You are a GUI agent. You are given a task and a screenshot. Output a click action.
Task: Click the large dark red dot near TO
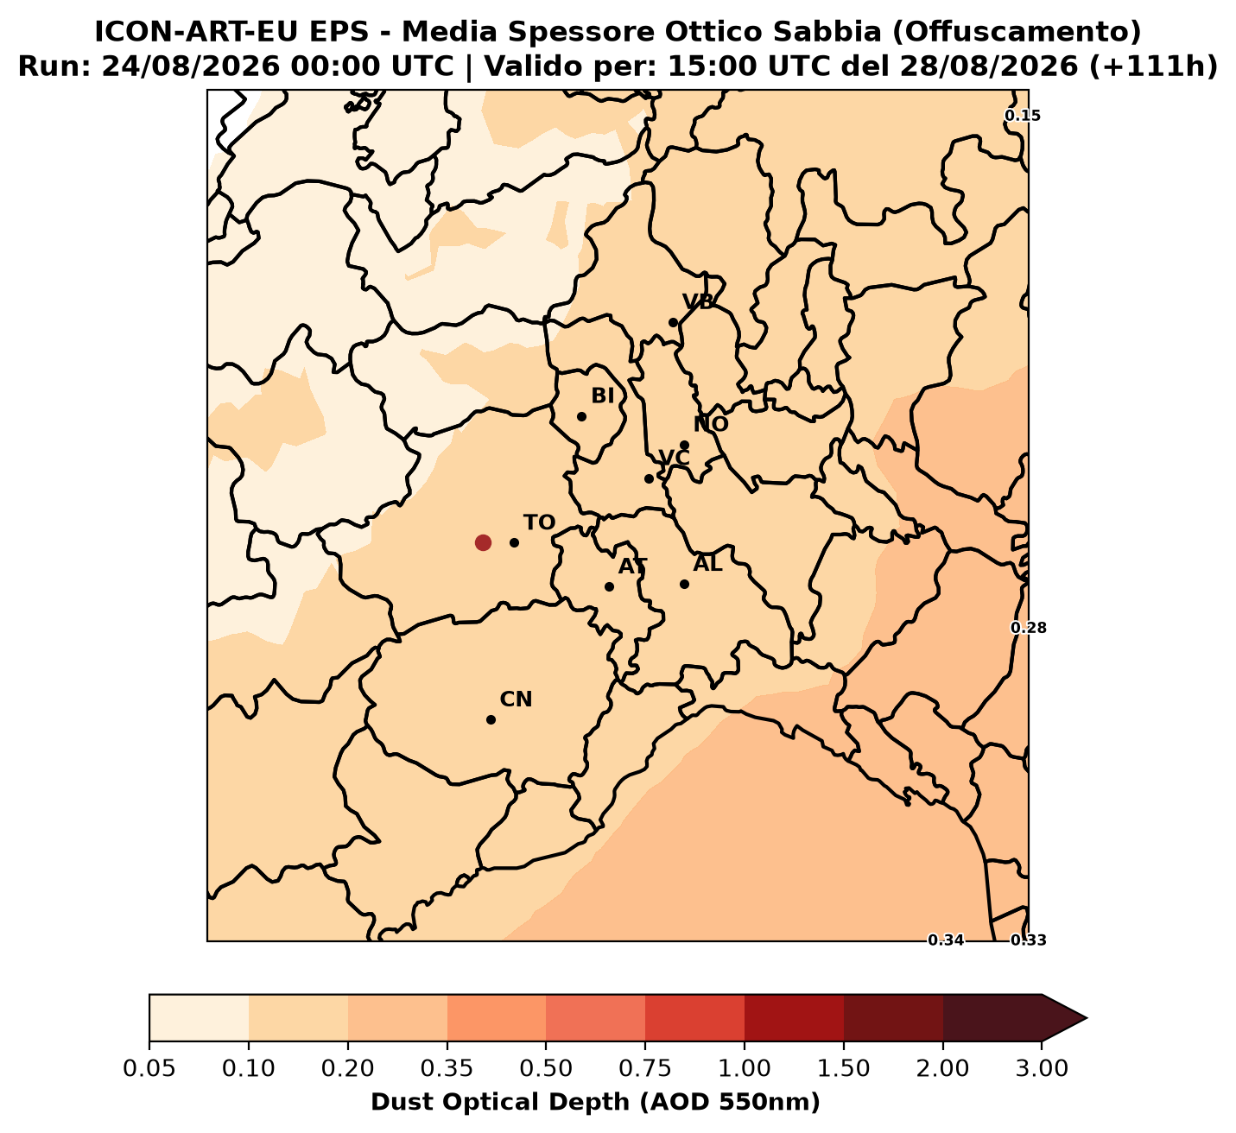483,542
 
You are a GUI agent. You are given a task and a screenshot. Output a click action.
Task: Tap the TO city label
539,522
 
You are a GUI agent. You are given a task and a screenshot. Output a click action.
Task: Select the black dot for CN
491,719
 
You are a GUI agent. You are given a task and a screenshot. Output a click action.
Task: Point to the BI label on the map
603,396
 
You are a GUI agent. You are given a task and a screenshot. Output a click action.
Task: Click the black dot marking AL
684,584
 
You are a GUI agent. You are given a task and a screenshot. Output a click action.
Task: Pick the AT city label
633,566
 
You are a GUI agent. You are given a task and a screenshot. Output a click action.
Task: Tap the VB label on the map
698,302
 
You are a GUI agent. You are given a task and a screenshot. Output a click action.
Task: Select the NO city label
711,424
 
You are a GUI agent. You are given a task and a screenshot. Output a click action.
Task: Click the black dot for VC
649,478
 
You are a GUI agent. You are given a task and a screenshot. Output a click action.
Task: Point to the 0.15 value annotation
1022,115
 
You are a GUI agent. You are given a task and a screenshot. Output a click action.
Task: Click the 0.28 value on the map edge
1029,628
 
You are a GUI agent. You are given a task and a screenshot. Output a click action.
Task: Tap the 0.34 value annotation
946,940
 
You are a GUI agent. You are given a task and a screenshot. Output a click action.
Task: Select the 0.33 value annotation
1029,940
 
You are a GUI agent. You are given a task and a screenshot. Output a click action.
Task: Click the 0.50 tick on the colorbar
546,1067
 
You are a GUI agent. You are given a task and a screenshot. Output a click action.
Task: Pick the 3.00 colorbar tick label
1042,1067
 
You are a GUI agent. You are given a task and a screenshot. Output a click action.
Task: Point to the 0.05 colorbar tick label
149,1067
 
